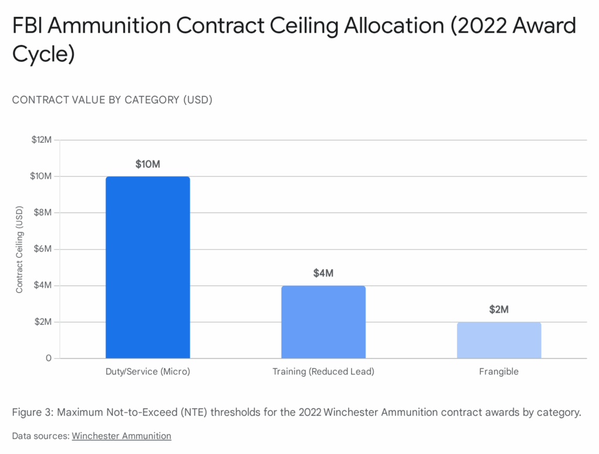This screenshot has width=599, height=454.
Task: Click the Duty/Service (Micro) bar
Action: click(147, 267)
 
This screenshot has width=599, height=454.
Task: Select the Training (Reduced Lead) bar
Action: click(323, 322)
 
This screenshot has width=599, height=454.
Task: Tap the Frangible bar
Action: click(498, 340)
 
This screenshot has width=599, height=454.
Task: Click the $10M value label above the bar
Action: click(147, 164)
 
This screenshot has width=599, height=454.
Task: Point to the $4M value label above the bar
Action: click(323, 273)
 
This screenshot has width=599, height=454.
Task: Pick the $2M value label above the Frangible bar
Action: click(498, 309)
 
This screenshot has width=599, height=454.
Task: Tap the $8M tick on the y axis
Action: click(43, 213)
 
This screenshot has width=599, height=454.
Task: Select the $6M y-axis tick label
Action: click(43, 249)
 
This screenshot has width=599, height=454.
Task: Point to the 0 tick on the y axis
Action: click(49, 358)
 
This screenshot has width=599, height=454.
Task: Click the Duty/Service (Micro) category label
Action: click(147, 372)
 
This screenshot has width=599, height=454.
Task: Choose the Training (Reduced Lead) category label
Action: click(323, 372)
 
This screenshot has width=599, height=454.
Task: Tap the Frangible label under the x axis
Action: click(498, 372)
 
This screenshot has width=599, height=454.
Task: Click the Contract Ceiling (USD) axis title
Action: click(19, 249)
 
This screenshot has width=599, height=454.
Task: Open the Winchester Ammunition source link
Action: click(121, 436)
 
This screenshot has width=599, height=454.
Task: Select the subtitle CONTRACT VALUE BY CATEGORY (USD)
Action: click(112, 100)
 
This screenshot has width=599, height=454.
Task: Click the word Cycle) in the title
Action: click(43, 54)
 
